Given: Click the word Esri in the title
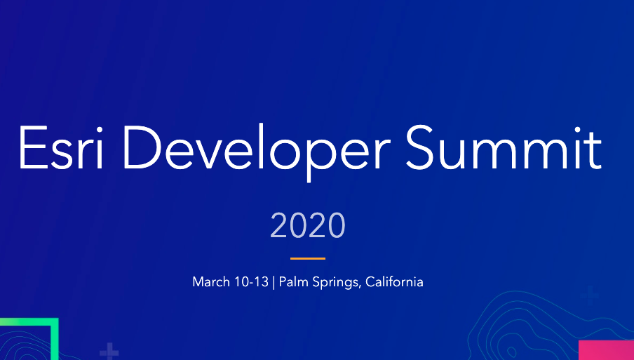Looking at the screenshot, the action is pyautogui.click(x=60, y=147).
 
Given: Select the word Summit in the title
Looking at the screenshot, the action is pyautogui.click(x=504, y=147).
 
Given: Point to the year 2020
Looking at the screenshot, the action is pyautogui.click(x=308, y=225).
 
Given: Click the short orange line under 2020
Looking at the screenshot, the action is pyautogui.click(x=308, y=258).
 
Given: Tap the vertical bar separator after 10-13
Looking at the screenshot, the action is pyautogui.click(x=274, y=282).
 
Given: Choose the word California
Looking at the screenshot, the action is pyautogui.click(x=394, y=281).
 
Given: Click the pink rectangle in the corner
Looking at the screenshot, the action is pyautogui.click(x=606, y=350).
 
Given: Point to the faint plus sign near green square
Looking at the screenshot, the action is pyautogui.click(x=109, y=352).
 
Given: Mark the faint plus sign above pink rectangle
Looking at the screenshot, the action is pyautogui.click(x=590, y=295).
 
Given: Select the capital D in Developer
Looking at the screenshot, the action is pyautogui.click(x=142, y=147).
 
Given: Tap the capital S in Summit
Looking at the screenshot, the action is pyautogui.click(x=419, y=147).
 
